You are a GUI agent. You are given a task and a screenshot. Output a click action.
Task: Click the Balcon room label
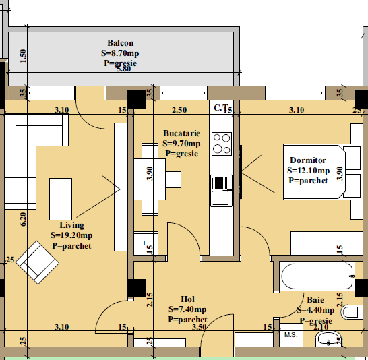121,43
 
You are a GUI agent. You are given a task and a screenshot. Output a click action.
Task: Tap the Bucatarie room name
182,133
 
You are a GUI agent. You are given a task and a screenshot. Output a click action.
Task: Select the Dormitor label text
308,160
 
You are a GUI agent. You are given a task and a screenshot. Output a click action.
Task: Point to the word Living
72,225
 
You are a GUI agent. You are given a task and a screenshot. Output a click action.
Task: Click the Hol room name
188,299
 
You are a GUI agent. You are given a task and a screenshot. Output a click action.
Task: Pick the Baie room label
315,300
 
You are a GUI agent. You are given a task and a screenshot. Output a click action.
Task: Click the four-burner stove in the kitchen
222,144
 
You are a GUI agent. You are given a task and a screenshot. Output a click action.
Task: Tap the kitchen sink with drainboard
221,191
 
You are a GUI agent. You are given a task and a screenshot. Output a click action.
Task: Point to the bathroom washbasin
328,338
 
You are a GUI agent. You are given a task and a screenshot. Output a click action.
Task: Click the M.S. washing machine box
291,335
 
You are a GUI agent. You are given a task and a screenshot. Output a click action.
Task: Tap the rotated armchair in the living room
37,262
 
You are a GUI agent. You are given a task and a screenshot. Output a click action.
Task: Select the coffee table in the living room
61,199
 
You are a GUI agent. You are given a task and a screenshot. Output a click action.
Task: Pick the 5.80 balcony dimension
124,69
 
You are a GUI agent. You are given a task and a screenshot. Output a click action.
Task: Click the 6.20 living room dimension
23,219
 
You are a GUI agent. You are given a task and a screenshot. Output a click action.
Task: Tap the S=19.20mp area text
71,235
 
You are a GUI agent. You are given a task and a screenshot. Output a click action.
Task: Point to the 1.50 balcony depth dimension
23,56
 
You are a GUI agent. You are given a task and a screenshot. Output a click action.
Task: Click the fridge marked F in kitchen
146,243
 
